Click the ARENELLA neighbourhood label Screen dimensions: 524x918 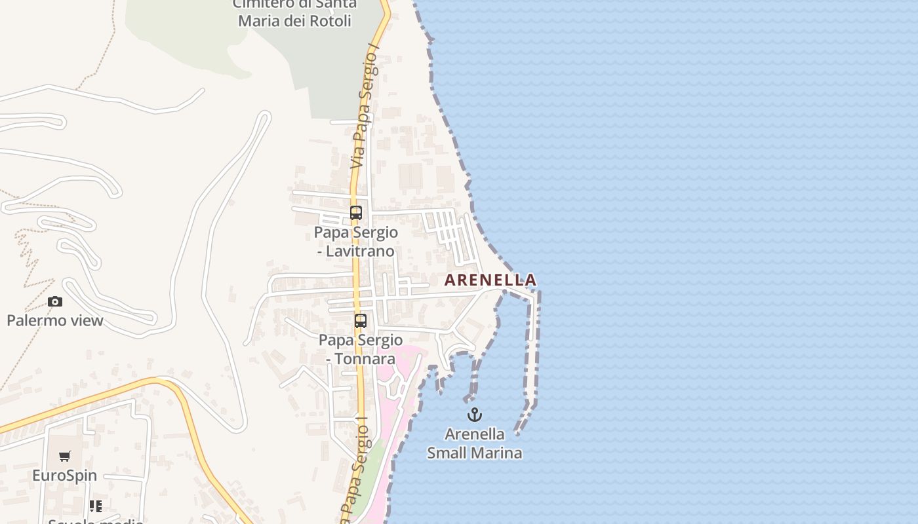click(490, 280)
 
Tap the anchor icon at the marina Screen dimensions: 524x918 click(474, 415)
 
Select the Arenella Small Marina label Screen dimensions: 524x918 click(475, 443)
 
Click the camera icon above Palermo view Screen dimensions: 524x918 click(55, 301)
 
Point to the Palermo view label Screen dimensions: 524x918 click(55, 320)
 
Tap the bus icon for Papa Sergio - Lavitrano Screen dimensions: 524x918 click(356, 213)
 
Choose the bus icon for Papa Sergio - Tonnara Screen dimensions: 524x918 click(361, 321)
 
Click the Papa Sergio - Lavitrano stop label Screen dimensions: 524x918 click(355, 242)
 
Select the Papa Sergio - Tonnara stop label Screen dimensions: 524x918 click(361, 350)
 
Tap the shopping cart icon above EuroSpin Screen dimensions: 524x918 click(65, 456)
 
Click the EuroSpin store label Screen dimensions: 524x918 click(65, 476)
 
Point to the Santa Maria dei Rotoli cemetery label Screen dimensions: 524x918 click(295, 12)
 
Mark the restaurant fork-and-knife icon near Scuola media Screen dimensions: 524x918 click(96, 506)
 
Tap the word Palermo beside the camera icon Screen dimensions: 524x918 click(34, 320)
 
